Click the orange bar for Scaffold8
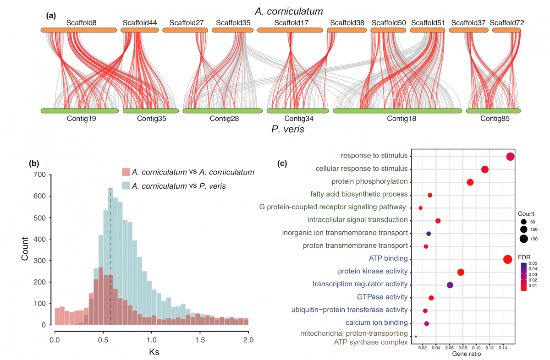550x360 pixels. pos(79,30)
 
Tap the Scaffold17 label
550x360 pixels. pos(291,22)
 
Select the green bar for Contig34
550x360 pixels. pos(297,111)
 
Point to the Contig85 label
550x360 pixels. pos(495,119)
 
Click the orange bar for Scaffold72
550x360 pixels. pos(506,30)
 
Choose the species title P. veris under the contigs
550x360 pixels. pos(288,130)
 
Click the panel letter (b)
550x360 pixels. pos(34,163)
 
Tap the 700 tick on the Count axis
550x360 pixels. pos(40,175)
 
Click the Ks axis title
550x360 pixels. pos(152,353)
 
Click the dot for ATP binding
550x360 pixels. pos(507,259)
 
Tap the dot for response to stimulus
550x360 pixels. pos(510,157)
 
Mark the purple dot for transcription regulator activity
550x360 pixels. pos(450,285)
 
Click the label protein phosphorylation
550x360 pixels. pos(369,182)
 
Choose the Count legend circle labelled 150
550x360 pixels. pos(523,238)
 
